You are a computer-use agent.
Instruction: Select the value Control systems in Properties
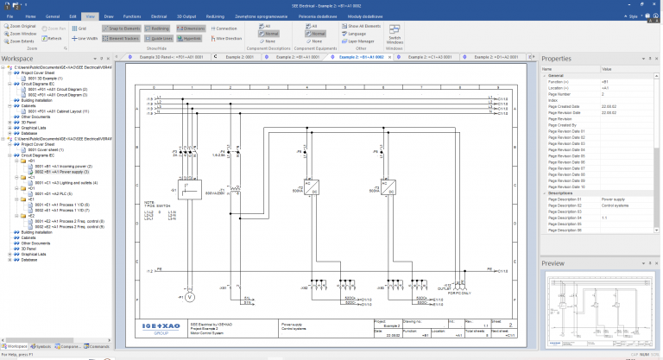click(614, 205)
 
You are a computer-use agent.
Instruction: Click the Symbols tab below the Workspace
click(41, 346)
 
